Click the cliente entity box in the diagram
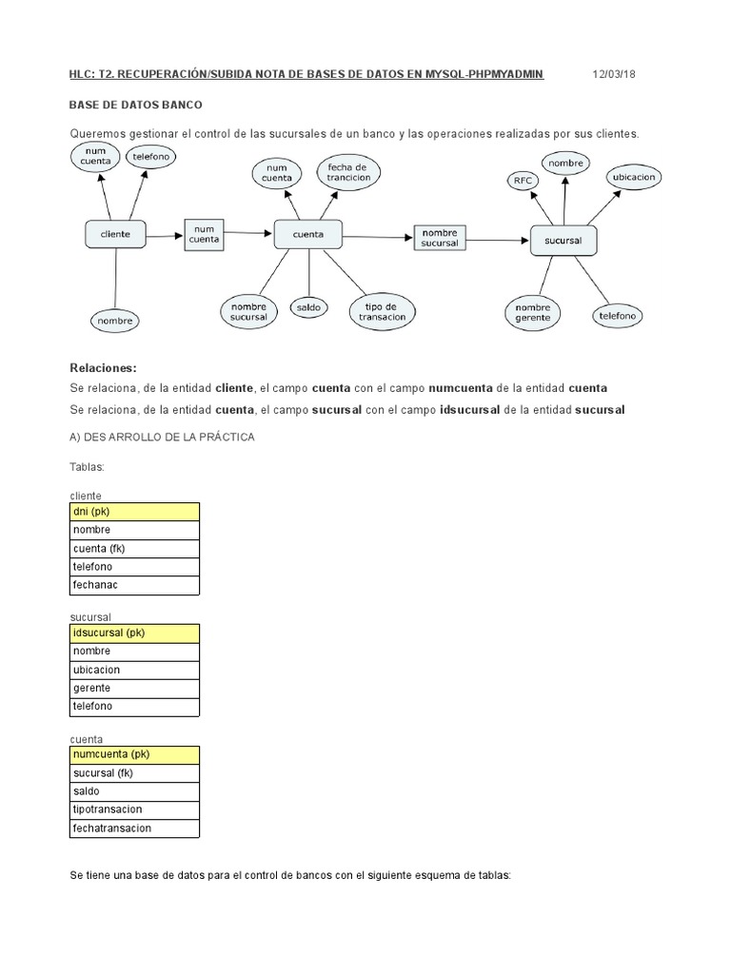point(116,234)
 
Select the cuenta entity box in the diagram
point(307,234)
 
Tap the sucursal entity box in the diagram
point(563,241)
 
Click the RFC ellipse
point(523,180)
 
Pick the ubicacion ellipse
point(635,177)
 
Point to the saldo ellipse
point(307,307)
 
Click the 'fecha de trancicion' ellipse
point(347,172)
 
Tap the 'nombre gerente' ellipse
point(533,313)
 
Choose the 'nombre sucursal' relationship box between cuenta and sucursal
point(440,238)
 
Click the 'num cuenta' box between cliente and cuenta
point(204,234)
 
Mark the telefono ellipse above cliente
point(150,157)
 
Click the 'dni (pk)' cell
point(135,512)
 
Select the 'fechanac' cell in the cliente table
point(135,585)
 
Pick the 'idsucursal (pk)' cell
point(135,633)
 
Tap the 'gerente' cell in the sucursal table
point(135,688)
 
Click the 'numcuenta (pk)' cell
point(135,754)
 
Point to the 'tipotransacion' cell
point(135,809)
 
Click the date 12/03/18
point(615,74)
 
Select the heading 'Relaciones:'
point(104,368)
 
